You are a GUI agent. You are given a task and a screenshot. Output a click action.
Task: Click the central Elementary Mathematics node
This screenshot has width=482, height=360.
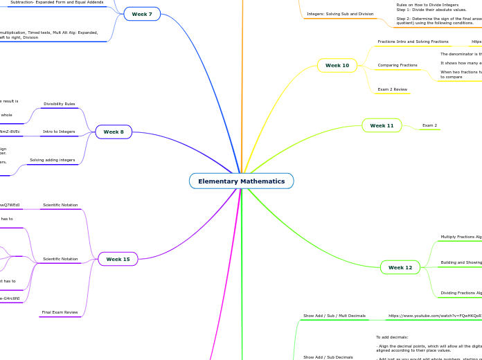coord(241,181)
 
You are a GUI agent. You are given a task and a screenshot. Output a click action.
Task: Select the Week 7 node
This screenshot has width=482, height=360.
coord(142,14)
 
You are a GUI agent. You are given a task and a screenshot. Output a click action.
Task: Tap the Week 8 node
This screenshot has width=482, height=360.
coord(114,132)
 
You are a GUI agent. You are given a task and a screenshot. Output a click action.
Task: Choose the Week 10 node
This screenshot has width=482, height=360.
coord(337,65)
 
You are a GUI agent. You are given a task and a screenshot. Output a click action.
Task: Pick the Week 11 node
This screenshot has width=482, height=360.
coord(382,125)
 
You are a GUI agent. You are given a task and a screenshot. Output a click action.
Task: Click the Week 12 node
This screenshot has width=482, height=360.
coord(400,267)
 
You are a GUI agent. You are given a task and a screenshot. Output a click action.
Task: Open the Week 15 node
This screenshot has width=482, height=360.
coord(118,259)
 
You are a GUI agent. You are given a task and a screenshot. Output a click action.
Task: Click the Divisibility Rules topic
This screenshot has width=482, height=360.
coord(60,104)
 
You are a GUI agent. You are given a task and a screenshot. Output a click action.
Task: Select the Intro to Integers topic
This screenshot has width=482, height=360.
coord(60,132)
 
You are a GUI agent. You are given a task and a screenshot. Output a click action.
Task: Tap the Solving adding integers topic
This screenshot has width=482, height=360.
coord(52,160)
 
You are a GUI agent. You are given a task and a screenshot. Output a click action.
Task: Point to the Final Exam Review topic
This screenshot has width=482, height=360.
coord(60,312)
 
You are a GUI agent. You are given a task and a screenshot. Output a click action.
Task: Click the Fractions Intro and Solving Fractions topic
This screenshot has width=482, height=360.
coord(413,42)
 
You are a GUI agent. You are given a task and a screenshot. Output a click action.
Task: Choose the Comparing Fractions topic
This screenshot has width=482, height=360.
coord(398,65)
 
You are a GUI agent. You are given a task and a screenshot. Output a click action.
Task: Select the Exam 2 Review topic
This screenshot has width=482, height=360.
coord(392,89)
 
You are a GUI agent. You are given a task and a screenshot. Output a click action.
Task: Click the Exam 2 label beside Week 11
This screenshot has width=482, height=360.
coord(429,125)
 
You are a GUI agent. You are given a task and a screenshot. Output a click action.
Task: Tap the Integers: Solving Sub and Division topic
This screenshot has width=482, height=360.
coord(340,14)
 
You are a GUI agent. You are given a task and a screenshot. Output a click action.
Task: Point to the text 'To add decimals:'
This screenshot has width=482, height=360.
coord(393,337)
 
